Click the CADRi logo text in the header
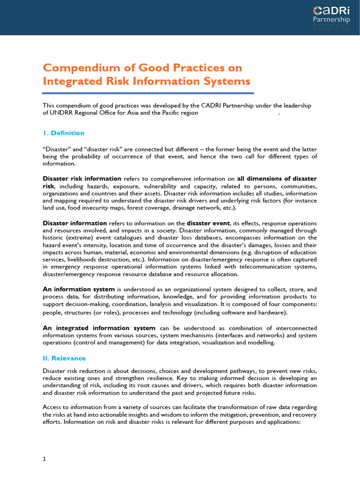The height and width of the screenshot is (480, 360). tap(331, 10)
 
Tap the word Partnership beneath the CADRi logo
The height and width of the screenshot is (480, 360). tap(331, 20)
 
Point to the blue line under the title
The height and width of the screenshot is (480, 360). tap(148, 93)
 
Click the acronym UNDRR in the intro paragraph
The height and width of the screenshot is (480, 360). tap(62, 112)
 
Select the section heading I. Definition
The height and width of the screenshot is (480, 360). tap(64, 133)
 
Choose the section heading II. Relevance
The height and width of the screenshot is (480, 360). tap(64, 358)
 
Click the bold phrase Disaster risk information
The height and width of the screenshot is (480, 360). tap(82, 179)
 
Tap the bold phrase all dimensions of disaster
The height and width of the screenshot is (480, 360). tap(277, 179)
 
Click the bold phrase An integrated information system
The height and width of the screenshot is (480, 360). tap(99, 328)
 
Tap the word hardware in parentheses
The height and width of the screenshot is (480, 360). tap(272, 312)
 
